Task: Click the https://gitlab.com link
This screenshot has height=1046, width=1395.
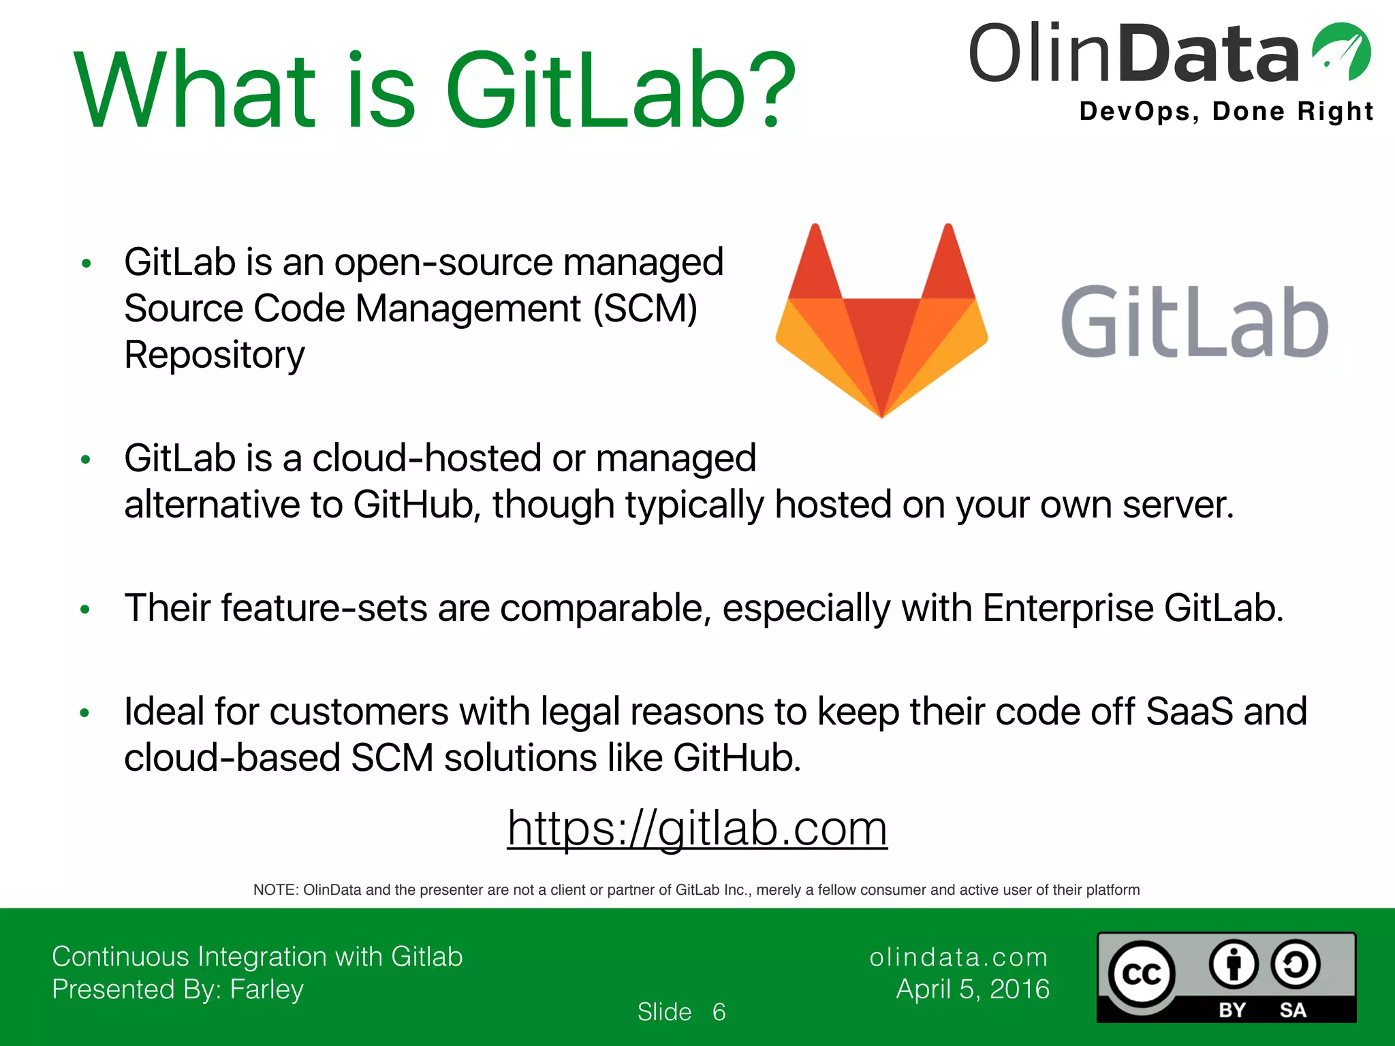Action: tap(697, 829)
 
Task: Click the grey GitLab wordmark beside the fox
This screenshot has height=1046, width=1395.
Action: tap(1195, 322)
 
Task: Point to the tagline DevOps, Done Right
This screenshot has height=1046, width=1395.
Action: tap(1226, 111)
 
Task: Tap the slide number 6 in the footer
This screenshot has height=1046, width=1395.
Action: tap(719, 1012)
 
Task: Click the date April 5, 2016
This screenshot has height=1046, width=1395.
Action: tap(973, 989)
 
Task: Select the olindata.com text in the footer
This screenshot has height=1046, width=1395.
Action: tap(958, 957)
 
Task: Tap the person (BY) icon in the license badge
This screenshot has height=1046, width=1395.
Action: tap(1234, 964)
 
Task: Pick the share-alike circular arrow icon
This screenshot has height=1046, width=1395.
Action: tap(1295, 964)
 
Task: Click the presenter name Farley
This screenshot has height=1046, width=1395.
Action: tap(266, 989)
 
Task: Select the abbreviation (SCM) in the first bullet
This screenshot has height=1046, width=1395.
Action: tap(645, 308)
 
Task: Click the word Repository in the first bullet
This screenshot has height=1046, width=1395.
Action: tap(215, 355)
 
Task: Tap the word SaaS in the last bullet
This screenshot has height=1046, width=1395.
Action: tap(1189, 712)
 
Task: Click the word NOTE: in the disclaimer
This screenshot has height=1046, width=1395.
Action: tap(276, 890)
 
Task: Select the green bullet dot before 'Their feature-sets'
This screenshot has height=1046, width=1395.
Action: tap(85, 609)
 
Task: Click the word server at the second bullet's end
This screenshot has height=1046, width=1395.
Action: tap(1178, 505)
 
